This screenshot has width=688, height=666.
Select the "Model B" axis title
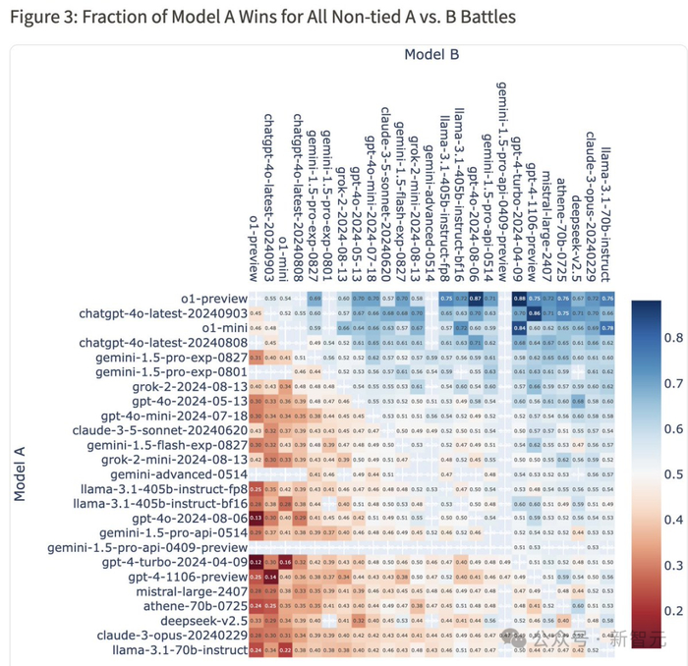(x=430, y=54)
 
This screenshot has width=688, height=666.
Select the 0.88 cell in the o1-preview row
(x=519, y=298)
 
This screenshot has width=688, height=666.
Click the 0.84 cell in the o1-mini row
(x=519, y=327)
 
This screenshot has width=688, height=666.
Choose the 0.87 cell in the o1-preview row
(x=475, y=298)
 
